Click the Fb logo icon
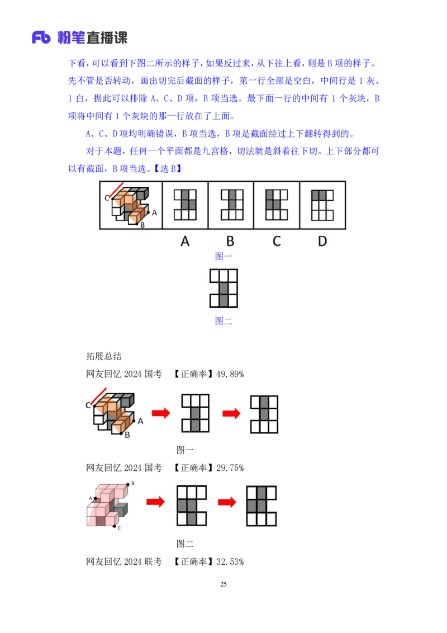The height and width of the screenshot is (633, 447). click(x=41, y=37)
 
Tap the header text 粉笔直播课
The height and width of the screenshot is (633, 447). click(x=92, y=37)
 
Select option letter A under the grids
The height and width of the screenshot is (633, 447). click(x=185, y=242)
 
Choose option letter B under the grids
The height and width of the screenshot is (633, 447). click(x=230, y=242)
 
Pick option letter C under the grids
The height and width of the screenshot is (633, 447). click(x=277, y=242)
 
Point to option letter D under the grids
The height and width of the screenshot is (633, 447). click(x=322, y=242)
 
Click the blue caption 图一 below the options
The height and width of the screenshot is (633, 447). click(x=223, y=256)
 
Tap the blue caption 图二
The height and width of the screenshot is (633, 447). click(x=223, y=321)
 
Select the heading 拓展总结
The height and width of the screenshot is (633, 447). click(x=104, y=356)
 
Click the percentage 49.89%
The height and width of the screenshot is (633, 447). click(x=230, y=374)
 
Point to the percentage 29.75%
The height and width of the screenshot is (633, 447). click(x=230, y=468)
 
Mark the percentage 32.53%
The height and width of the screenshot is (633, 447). click(x=230, y=561)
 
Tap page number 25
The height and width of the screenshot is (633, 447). click(x=223, y=584)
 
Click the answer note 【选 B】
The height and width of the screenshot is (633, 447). click(x=168, y=169)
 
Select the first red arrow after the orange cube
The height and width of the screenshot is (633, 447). click(x=161, y=413)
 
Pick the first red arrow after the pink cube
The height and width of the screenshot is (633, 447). click(x=156, y=502)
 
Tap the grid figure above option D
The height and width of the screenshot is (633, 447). click(x=322, y=205)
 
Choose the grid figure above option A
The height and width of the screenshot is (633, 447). click(x=185, y=205)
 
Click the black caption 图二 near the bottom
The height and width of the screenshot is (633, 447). click(x=185, y=544)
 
